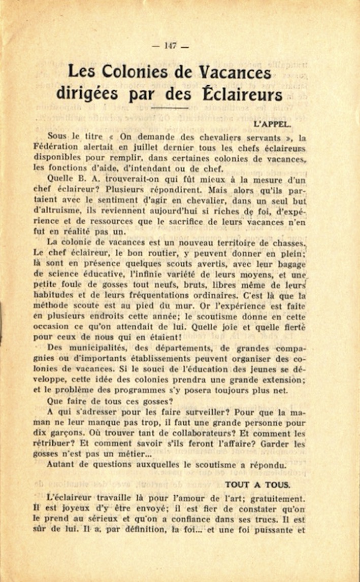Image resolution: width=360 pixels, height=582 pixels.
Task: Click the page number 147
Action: tap(170, 46)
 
